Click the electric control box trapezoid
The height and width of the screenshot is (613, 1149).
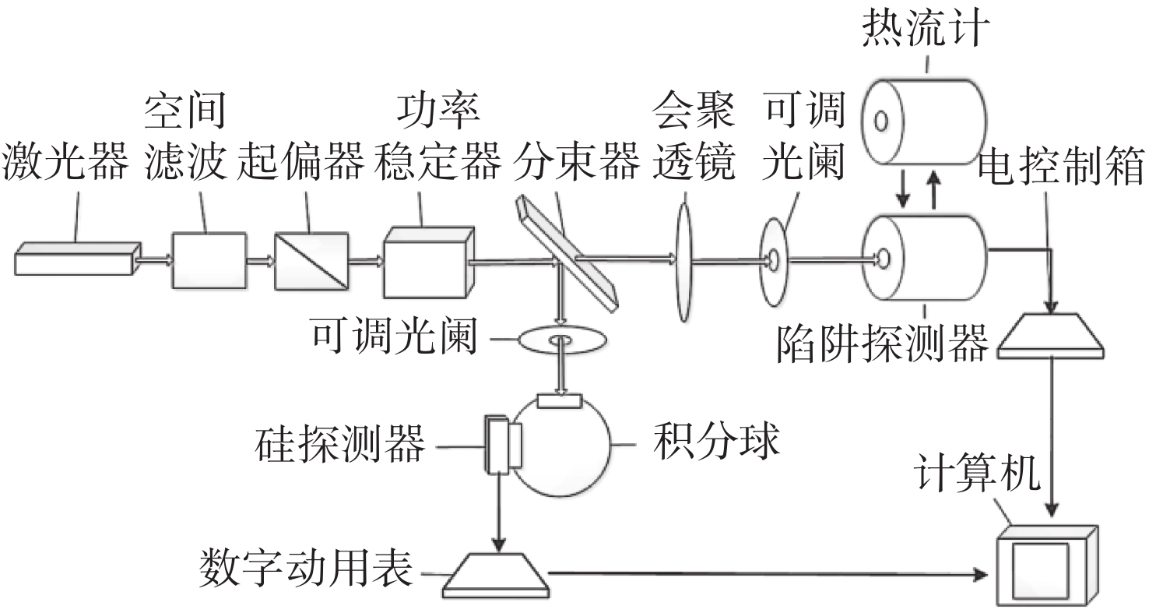tap(1050, 336)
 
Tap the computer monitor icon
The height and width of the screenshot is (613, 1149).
tap(1046, 565)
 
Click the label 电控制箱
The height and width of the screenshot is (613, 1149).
tap(1062, 165)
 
